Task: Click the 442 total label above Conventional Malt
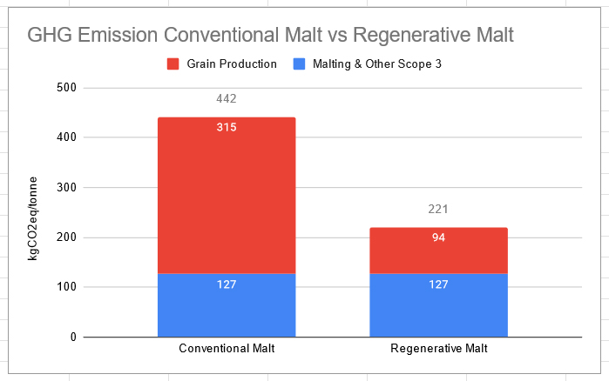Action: (x=227, y=99)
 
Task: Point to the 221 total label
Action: (x=438, y=210)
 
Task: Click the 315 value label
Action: (x=227, y=127)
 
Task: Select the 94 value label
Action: (x=438, y=237)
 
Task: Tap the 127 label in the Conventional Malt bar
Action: (x=227, y=284)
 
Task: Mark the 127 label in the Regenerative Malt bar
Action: (x=438, y=284)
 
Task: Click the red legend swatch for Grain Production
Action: (x=173, y=63)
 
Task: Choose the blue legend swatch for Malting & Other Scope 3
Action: (x=301, y=63)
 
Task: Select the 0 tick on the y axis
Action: (x=73, y=338)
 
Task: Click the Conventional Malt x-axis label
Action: (x=227, y=350)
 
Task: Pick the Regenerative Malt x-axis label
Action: (x=438, y=350)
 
